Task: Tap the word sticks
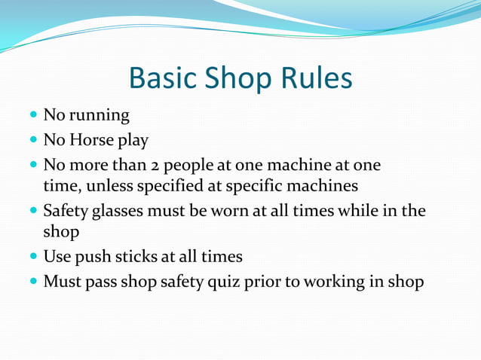[x=136, y=257]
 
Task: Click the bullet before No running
[x=35, y=116]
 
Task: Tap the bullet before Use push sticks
[x=35, y=257]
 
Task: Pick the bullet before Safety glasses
[x=35, y=212]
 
